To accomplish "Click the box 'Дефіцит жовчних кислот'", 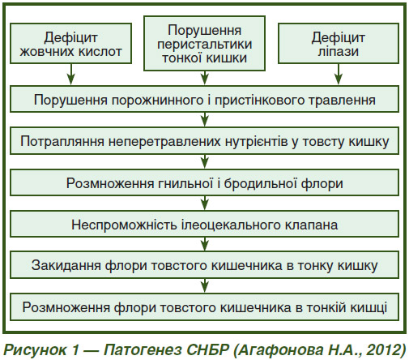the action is tap(70, 43).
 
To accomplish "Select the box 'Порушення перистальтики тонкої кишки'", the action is tap(204, 43).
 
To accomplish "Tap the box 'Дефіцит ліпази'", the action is tap(339, 43).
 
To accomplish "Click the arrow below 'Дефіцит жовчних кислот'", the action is tap(71, 74).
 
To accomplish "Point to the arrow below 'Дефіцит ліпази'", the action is tap(339, 74).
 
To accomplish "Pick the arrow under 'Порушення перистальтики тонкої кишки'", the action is tap(205, 78).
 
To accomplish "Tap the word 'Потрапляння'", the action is tap(62, 141).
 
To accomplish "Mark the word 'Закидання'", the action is tap(66, 265).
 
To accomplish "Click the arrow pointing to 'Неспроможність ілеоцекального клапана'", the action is tap(205, 203).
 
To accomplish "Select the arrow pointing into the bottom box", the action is tap(205, 285).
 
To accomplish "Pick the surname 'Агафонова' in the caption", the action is tap(281, 350).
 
